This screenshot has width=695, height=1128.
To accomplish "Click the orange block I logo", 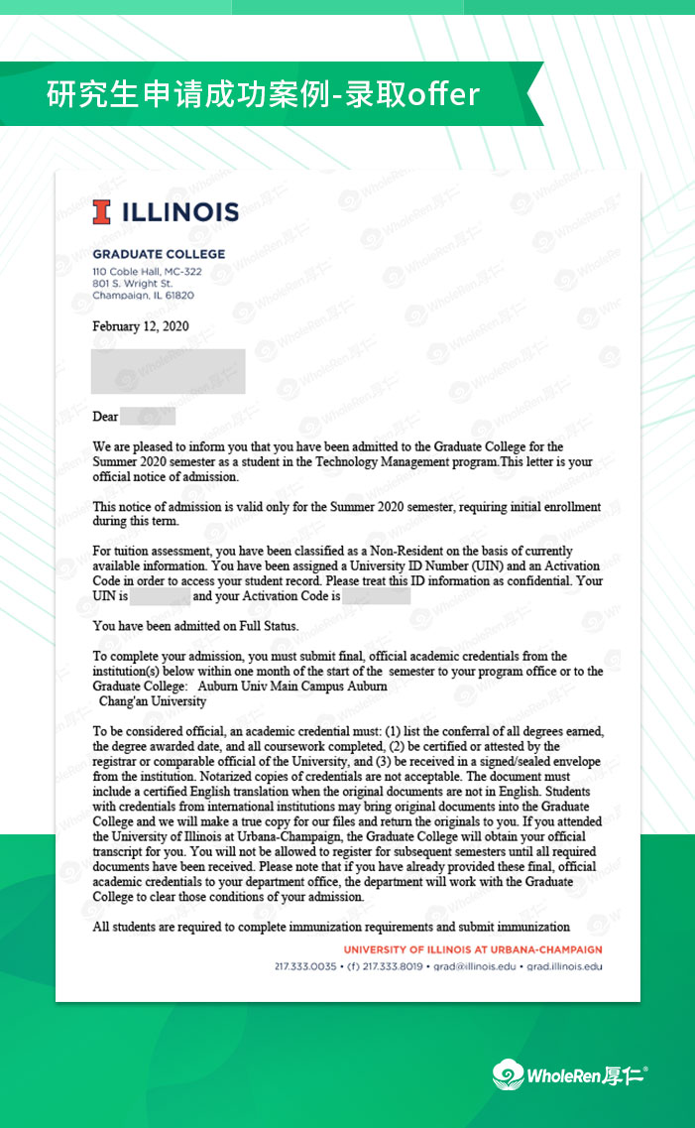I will point(100,211).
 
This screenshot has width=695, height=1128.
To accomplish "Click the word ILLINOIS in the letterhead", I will point(179,211).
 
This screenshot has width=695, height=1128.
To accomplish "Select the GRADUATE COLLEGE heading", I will point(159,254).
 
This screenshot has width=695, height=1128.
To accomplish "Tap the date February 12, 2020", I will point(140,326).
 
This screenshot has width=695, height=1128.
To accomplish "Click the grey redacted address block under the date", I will point(168,371).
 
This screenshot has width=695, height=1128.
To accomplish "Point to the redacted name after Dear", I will point(149,417).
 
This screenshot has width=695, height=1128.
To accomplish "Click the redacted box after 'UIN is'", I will point(160,597).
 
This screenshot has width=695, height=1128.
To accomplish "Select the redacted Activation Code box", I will point(376,597).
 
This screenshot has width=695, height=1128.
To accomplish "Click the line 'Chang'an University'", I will point(153,701).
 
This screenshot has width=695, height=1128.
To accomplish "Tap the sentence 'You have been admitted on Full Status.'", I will point(195,626).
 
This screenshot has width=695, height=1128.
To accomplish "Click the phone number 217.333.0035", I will point(304,965).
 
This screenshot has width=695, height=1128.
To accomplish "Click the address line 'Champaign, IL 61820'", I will point(143,296).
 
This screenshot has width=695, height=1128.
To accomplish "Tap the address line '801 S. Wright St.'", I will point(132,284).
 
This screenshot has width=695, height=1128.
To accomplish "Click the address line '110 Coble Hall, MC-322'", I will point(147,272).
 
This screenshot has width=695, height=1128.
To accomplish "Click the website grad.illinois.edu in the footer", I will point(563,965).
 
